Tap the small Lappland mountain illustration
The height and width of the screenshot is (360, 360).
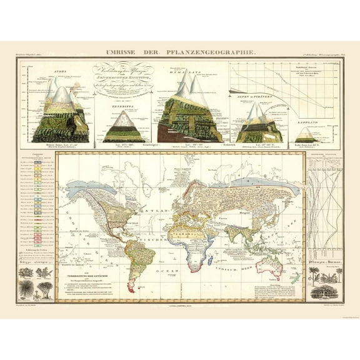click(304, 134)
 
